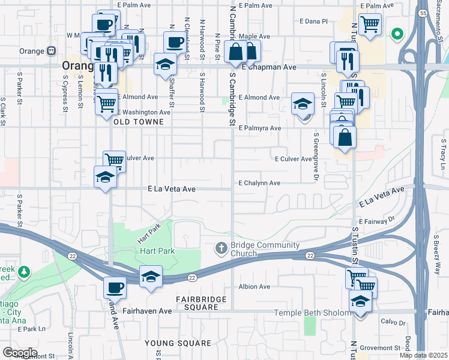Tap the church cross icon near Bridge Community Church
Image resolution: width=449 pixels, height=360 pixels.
[x=221, y=248]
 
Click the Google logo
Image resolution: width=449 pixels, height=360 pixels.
[x=19, y=352]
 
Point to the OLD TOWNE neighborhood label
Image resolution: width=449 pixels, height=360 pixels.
[x=139, y=122]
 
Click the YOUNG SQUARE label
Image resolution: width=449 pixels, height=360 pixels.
[x=178, y=343]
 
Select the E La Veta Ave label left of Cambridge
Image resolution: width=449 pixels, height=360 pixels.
[x=172, y=188]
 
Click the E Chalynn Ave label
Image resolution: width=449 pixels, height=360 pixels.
[x=259, y=183]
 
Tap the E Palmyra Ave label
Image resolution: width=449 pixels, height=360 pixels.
[x=259, y=128]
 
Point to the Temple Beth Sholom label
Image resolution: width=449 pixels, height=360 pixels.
[x=312, y=313]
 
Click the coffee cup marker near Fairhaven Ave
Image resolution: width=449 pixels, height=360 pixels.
[x=114, y=287]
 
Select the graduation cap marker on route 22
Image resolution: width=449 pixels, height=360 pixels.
[x=151, y=276]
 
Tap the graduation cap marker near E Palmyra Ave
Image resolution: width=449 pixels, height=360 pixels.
[x=303, y=103]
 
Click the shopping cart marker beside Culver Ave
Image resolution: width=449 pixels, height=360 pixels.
[x=114, y=160]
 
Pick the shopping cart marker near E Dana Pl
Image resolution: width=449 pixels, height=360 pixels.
[x=370, y=24]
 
